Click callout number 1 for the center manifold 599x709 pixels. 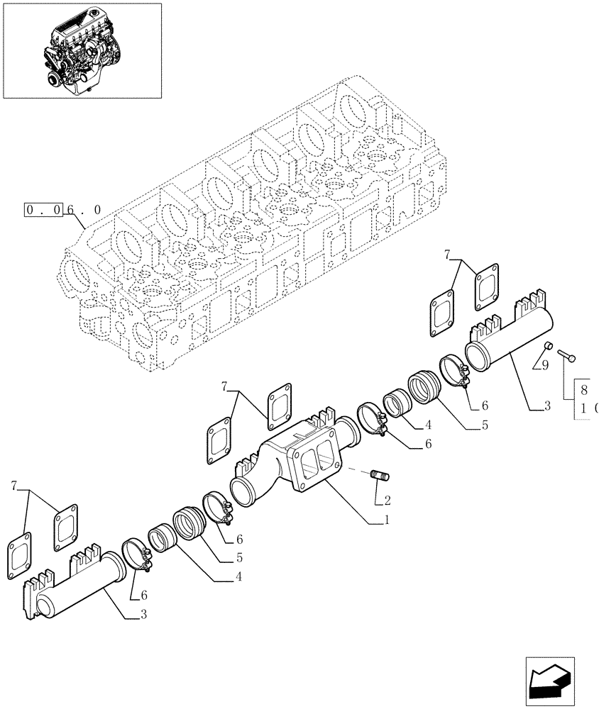click(386, 520)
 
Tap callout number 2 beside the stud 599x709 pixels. click(387, 499)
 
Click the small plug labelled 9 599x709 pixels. click(548, 346)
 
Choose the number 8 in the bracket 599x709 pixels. click(583, 389)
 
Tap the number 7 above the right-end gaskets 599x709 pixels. click(447, 254)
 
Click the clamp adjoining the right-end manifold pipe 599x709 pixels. click(453, 372)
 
